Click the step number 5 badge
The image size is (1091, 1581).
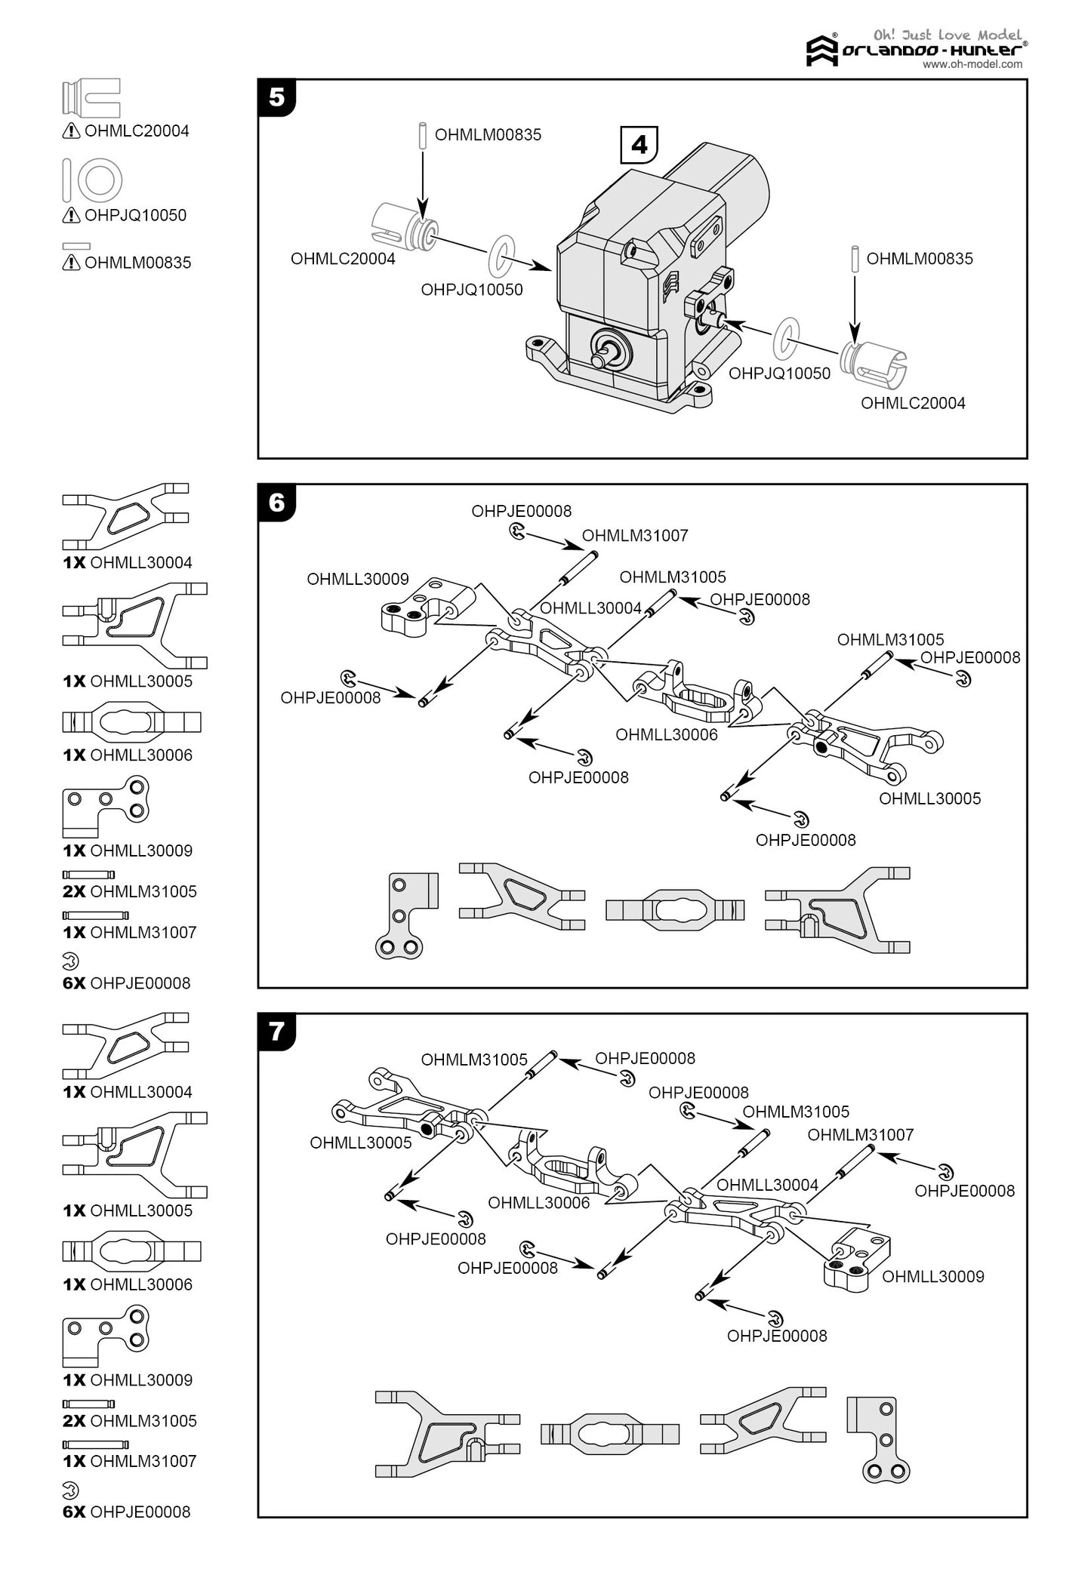tap(276, 98)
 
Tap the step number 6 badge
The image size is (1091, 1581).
tap(276, 503)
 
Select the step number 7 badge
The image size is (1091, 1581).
tap(276, 1032)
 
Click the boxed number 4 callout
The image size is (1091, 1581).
tap(639, 144)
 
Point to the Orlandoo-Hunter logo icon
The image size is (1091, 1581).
tap(822, 51)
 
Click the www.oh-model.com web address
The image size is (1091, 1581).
tap(972, 65)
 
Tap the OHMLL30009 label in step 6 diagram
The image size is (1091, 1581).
tap(357, 579)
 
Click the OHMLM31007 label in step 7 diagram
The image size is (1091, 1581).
tap(860, 1135)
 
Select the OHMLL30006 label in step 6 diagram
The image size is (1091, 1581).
tap(667, 734)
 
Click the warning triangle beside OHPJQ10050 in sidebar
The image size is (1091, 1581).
tap(71, 216)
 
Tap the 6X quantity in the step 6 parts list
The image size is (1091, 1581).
tap(74, 983)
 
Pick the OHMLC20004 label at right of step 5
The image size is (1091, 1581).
tap(913, 403)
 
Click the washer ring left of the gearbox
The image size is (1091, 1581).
tap(501, 257)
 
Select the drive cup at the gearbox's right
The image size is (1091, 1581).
tap(875, 360)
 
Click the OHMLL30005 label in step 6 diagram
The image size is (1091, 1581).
tap(929, 798)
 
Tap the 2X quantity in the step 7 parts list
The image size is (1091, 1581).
tap(74, 1421)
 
